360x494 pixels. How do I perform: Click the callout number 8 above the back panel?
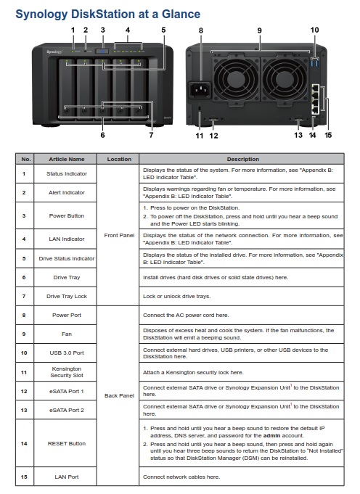pos(201,30)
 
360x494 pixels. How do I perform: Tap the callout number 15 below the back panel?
pos(328,135)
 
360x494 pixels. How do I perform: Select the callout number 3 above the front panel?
pos(103,30)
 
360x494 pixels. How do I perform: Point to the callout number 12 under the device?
pos(213,136)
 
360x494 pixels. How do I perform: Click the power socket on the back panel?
pos(200,91)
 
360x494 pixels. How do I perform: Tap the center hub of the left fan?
pos(235,78)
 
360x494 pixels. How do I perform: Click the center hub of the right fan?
pos(285,78)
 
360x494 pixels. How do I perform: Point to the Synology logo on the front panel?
pos(54,52)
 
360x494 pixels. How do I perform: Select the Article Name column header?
pos(67,159)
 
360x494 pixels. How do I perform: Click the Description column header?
pos(242,159)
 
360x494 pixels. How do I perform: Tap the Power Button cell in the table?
pos(67,216)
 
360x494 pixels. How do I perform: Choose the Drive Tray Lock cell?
pos(67,296)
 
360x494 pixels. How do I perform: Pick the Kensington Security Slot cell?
pos(67,372)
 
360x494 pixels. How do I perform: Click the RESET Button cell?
pos(67,444)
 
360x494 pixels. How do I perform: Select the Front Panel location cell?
pos(119,235)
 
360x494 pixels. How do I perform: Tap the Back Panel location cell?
pos(119,395)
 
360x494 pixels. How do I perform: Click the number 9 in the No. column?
pos(24,334)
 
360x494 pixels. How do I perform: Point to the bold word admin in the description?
pos(271,436)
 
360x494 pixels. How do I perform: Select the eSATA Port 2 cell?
pos(67,410)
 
